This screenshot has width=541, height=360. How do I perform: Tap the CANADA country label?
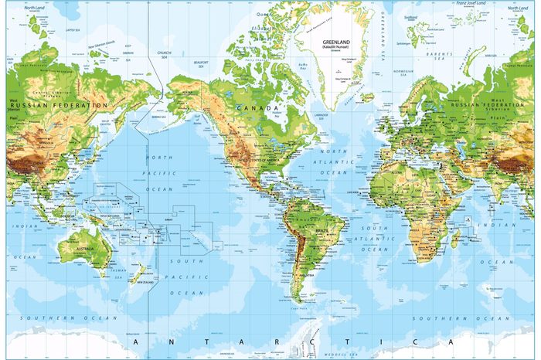click(253, 107)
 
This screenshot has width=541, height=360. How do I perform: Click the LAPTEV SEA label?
click(53, 30)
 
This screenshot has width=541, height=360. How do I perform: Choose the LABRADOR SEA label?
click(325, 114)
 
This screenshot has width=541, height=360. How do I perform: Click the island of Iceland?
click(368, 97)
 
